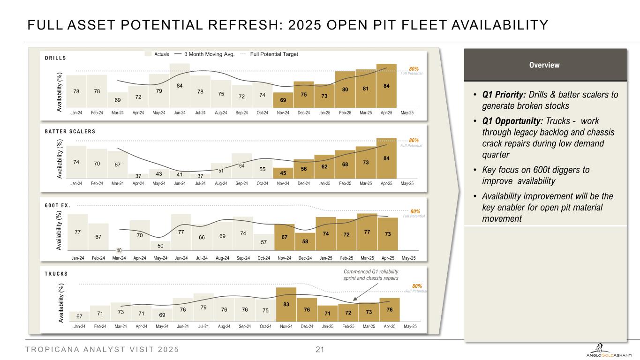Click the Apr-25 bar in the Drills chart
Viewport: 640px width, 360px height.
tap(386, 85)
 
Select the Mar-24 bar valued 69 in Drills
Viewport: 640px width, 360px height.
tap(118, 99)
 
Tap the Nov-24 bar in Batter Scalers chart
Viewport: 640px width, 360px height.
tap(283, 174)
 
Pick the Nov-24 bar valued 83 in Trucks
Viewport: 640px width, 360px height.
tap(286, 305)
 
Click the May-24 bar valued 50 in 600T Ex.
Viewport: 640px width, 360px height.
tap(160, 246)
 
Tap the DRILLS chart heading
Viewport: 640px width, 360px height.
tap(55, 59)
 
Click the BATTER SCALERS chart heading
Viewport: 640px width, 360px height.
tap(67, 131)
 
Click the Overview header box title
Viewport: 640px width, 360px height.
tap(544, 65)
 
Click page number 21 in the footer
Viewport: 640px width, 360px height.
tap(320, 349)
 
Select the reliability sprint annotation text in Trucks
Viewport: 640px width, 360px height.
tap(371, 274)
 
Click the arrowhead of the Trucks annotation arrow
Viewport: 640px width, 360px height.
tap(354, 299)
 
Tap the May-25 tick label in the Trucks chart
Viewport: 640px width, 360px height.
tap(410, 326)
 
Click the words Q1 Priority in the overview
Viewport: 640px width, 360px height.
tap(497, 95)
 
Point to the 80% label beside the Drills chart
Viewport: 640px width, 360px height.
tap(414, 69)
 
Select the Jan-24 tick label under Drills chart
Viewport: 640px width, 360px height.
tap(76, 113)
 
